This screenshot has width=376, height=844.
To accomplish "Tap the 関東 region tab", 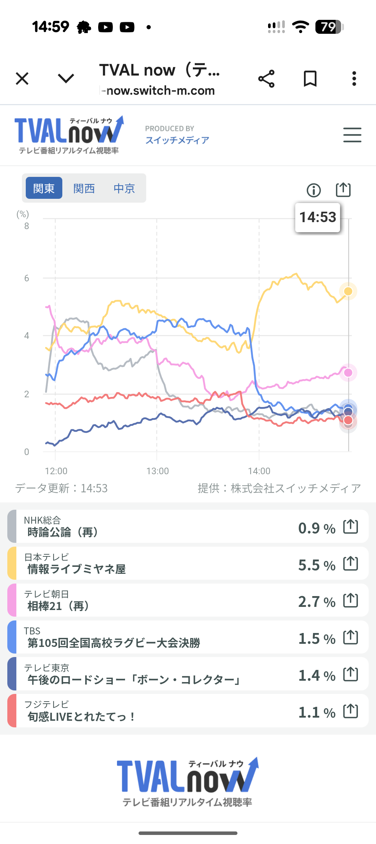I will [x=44, y=188].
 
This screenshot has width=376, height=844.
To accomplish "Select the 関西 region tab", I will [x=84, y=188].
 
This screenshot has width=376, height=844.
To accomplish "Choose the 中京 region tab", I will [x=124, y=188].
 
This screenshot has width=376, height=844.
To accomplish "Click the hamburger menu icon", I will [x=352, y=135].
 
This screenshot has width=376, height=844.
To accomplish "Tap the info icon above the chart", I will [x=314, y=190].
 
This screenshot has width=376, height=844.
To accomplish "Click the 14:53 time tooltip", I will [x=318, y=217].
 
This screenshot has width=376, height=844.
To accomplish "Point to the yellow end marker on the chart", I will [x=348, y=291].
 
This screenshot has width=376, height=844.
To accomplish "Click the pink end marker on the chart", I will [x=348, y=373].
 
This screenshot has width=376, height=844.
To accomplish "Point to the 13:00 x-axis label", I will [x=157, y=471].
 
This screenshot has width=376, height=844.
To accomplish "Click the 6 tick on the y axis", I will [x=27, y=278].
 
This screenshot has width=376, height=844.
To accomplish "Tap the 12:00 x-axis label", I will [x=56, y=471].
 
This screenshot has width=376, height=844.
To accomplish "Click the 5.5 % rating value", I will [x=316, y=565].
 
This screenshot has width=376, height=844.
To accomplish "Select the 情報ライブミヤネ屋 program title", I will [x=77, y=569].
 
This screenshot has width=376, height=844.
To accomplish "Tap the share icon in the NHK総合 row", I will [x=351, y=526].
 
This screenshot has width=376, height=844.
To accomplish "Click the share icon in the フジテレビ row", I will [x=351, y=711].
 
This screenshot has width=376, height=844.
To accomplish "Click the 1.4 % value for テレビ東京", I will [x=316, y=675].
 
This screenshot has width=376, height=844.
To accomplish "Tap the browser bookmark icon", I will [x=310, y=79].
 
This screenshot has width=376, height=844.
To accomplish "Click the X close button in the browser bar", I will [x=22, y=79].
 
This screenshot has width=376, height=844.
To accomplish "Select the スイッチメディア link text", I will [x=177, y=140].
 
